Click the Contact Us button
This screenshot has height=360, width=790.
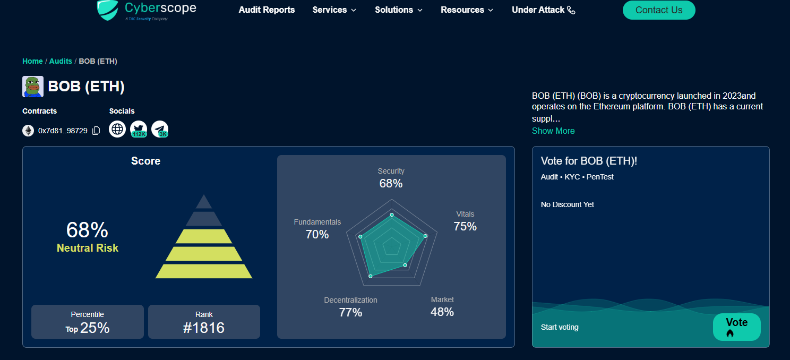pos(658,10)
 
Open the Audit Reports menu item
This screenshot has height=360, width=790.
pos(267,10)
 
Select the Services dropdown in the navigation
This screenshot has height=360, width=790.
pos(334,10)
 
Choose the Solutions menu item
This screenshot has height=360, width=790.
pos(398,10)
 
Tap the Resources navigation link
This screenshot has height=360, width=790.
pos(467,10)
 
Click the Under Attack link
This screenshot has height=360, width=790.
pos(543,10)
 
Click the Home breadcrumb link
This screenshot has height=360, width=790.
pos(32,61)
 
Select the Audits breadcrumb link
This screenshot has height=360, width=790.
pos(61,61)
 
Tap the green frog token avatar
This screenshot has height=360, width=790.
pos(33,87)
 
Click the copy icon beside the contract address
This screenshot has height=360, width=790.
pos(96,131)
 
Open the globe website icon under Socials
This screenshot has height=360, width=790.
pos(117,129)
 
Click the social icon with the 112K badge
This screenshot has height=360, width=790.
pos(139,129)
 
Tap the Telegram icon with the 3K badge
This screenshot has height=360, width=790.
pos(160,129)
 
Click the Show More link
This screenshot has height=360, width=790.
pos(553,131)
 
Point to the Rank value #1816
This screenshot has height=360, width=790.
pos(204,328)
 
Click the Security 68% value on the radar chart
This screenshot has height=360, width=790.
pos(391,184)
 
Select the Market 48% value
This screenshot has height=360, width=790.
pos(442,312)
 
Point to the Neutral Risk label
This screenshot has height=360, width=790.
pos(88,248)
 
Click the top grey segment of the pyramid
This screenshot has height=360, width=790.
pos(204,202)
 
